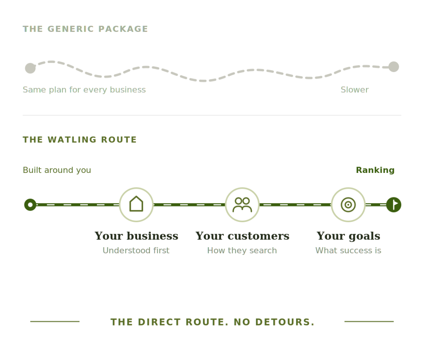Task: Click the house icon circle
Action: coord(136,205)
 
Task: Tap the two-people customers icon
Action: coord(242,205)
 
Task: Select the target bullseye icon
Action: coord(348,205)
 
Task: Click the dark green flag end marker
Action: coord(394,205)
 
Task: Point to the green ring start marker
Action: coord(30,205)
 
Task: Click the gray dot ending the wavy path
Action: coord(394,67)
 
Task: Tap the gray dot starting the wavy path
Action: coord(30,68)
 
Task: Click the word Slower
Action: coord(354,90)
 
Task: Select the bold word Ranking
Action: coord(375,170)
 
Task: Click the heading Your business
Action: coord(136,236)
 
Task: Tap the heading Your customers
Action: coord(242,236)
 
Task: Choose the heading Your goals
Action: coord(348,236)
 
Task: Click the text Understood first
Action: coord(136,250)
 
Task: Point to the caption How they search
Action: coord(242,250)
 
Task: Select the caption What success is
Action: coord(348,250)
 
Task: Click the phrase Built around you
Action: coord(57,170)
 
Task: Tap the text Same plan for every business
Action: coord(84,90)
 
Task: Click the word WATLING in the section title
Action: coord(72,140)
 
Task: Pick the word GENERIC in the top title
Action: coord(70,29)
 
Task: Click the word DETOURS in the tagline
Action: coord(285,322)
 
